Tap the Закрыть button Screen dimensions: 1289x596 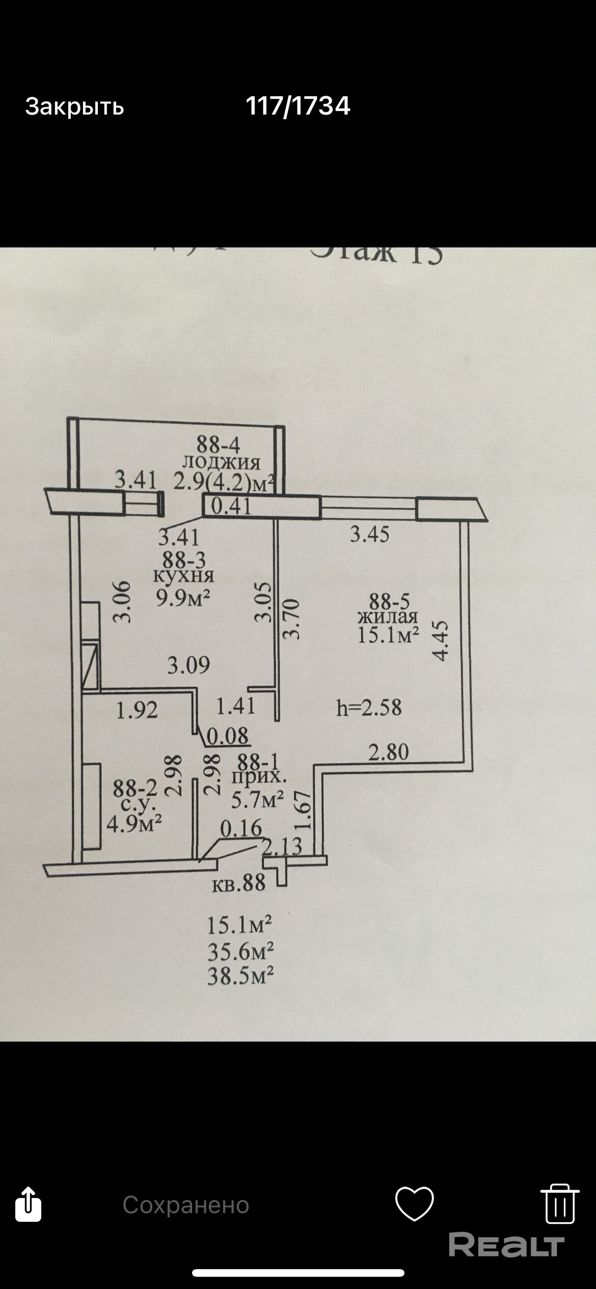click(x=74, y=106)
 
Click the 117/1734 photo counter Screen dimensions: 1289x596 click(x=297, y=106)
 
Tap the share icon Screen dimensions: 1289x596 click(x=28, y=1204)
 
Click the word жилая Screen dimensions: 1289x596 click(x=388, y=617)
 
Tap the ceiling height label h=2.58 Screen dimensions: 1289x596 click(x=369, y=708)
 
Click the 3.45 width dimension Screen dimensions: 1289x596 click(x=369, y=534)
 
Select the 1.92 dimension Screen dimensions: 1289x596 click(x=137, y=710)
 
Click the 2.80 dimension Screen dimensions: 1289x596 click(x=389, y=752)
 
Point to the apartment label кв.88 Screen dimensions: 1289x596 click(x=238, y=883)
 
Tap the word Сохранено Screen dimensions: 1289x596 click(x=186, y=1205)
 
